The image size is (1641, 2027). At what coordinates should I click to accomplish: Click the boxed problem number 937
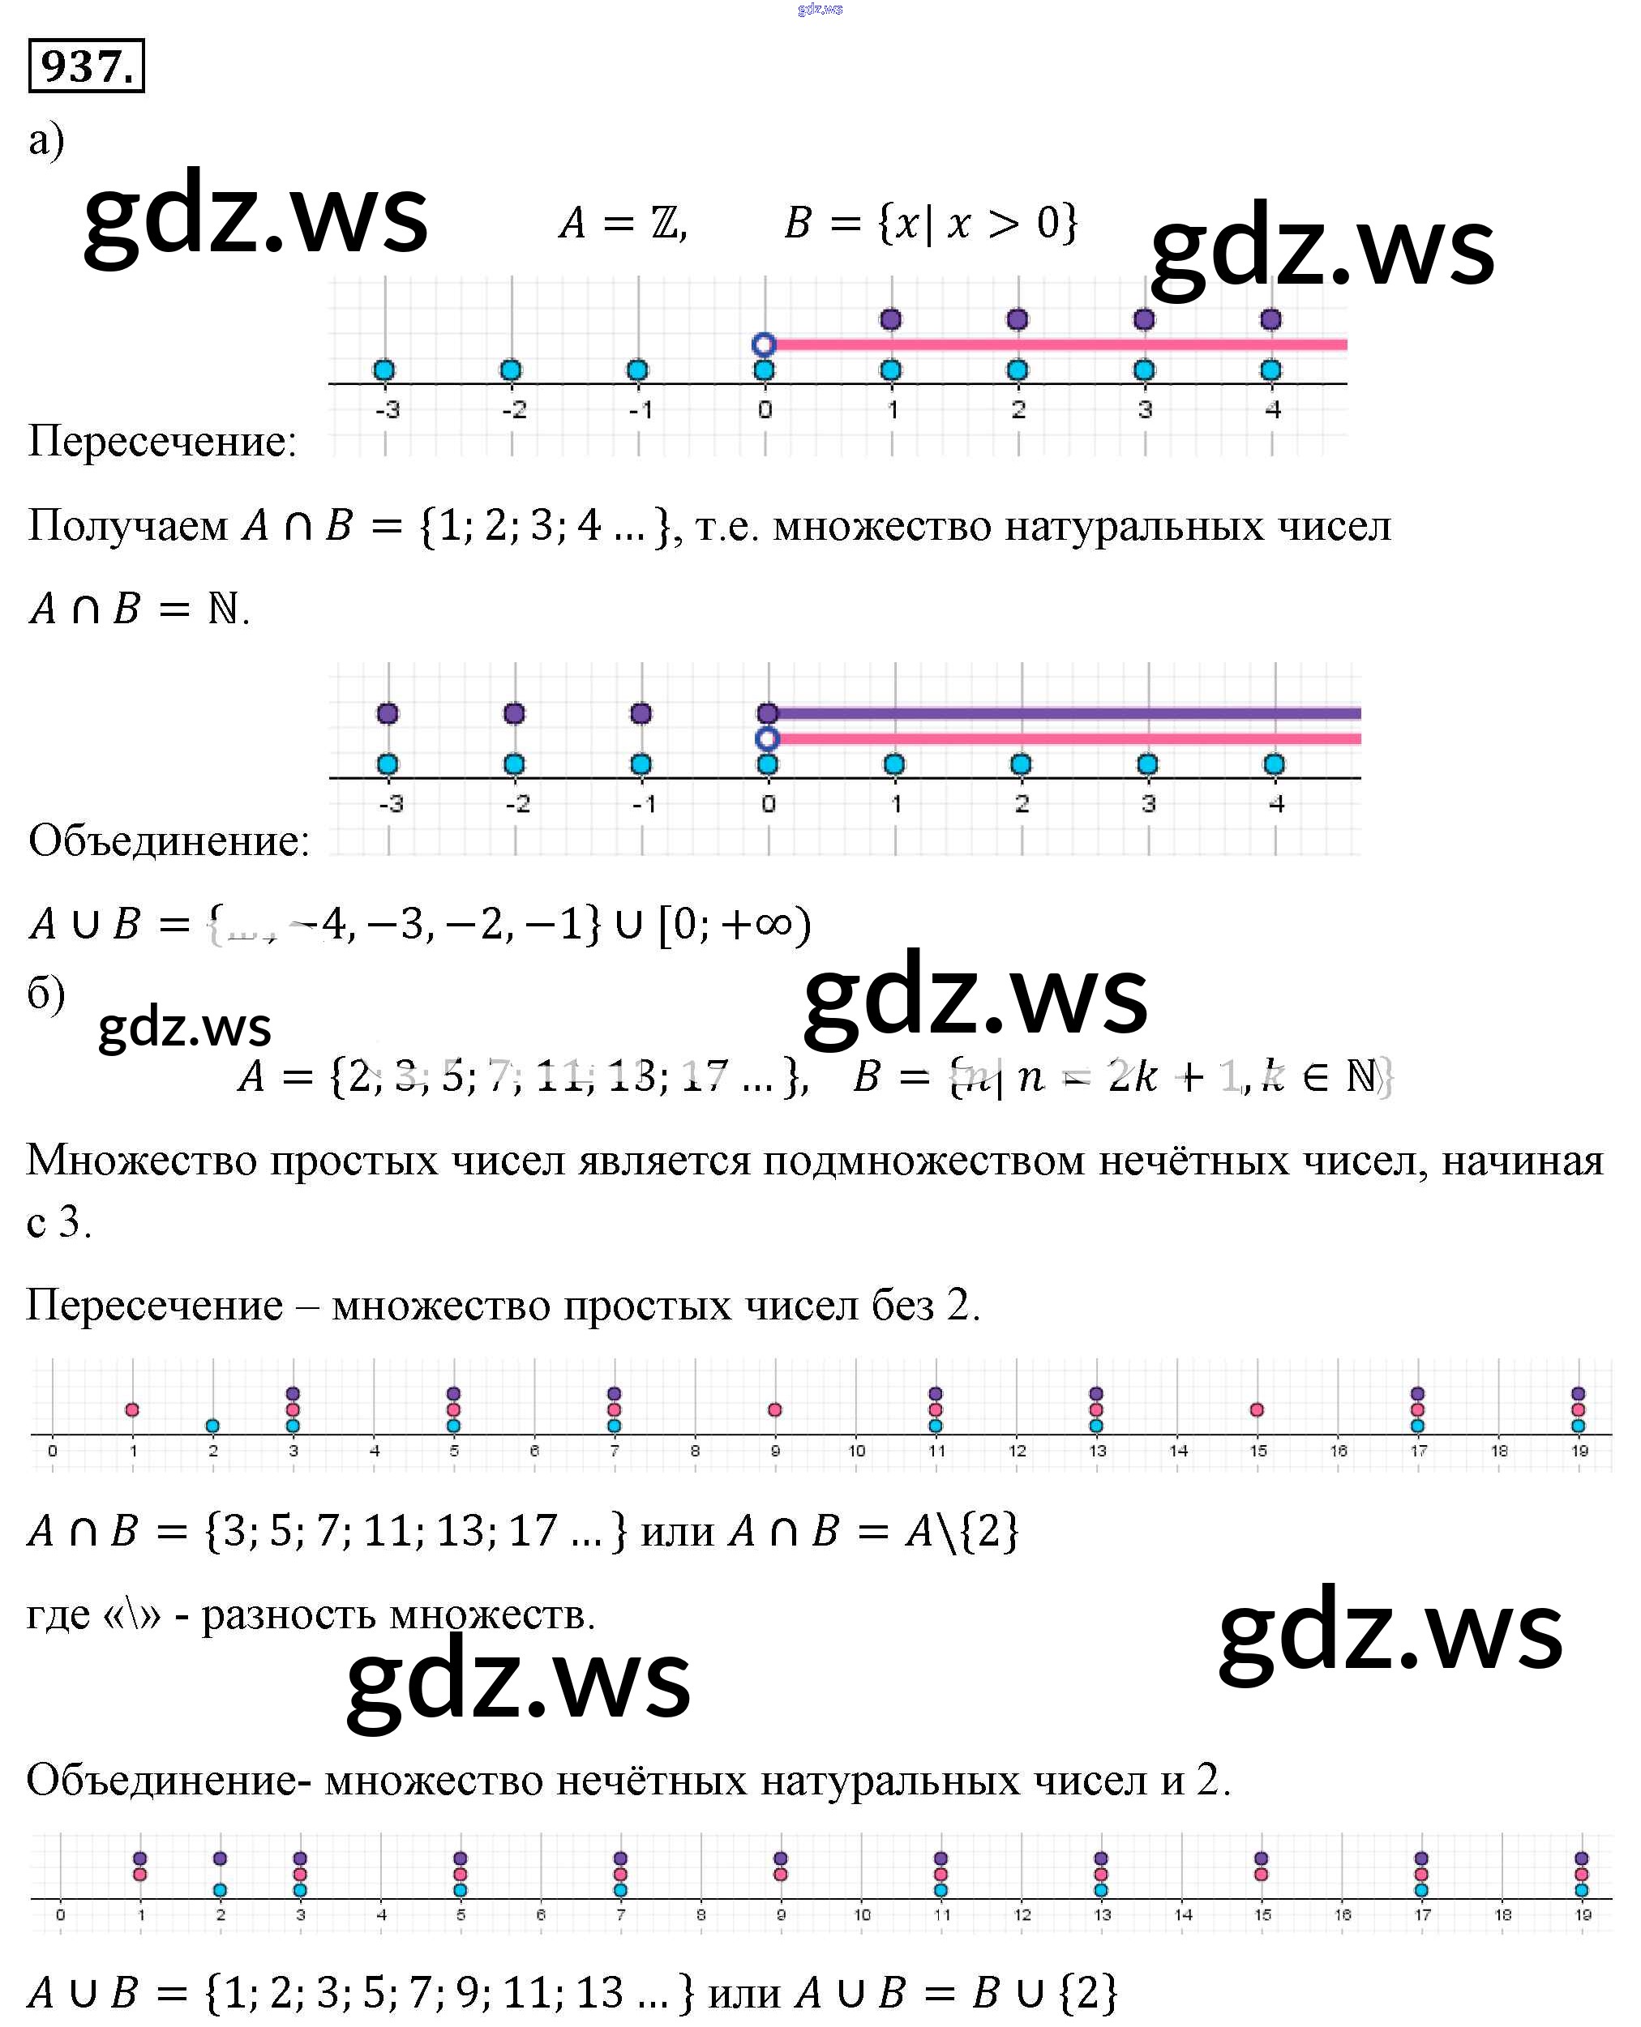[86, 66]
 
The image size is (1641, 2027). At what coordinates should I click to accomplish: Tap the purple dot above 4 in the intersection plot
[1270, 319]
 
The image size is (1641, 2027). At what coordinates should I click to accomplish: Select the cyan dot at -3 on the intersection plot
[383, 370]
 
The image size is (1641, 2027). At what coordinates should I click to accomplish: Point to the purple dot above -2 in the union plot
[514, 713]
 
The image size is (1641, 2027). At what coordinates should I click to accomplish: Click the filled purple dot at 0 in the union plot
[768, 713]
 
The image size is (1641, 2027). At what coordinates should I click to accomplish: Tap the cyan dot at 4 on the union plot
[1275, 764]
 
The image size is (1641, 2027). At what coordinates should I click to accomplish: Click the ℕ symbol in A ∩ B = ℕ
[223, 609]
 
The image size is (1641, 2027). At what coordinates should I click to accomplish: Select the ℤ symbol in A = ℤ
[665, 224]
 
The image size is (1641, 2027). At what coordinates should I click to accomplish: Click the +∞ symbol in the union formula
[757, 923]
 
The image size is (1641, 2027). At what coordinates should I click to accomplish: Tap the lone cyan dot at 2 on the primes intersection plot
[212, 1426]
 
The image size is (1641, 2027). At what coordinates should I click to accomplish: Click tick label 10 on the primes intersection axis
[856, 1451]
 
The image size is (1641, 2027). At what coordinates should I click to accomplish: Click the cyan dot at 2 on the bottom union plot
[221, 1890]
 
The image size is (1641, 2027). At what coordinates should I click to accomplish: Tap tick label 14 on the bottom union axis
[1184, 1914]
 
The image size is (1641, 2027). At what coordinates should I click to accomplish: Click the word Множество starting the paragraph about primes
[141, 1161]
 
